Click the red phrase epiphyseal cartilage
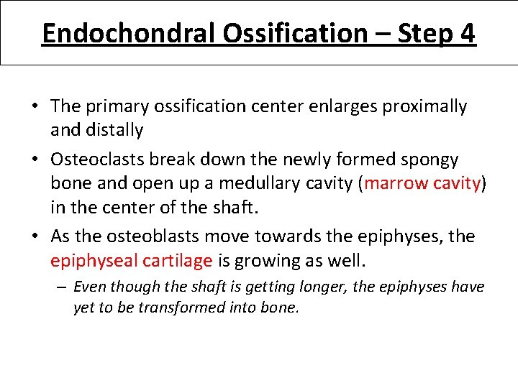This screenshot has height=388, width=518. [132, 260]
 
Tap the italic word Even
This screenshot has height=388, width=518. [88, 287]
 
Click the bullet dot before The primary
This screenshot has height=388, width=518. [35, 107]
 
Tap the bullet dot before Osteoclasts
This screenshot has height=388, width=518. [35, 158]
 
